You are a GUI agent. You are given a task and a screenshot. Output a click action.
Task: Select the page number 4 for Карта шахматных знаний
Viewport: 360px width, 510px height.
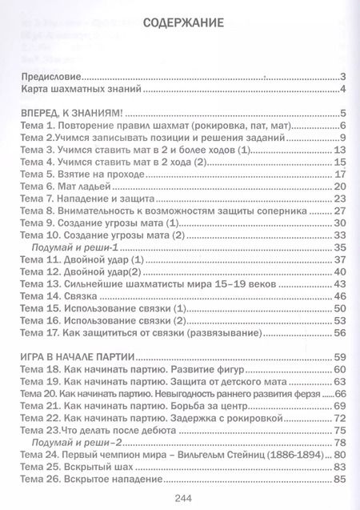[x=341, y=90]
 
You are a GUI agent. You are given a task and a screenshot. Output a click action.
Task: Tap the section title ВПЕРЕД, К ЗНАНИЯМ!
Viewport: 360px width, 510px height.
[x=75, y=113]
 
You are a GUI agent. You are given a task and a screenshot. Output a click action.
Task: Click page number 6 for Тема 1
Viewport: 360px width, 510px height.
[x=341, y=126]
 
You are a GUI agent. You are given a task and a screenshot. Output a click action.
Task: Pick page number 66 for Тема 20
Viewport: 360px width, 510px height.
[x=339, y=394]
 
